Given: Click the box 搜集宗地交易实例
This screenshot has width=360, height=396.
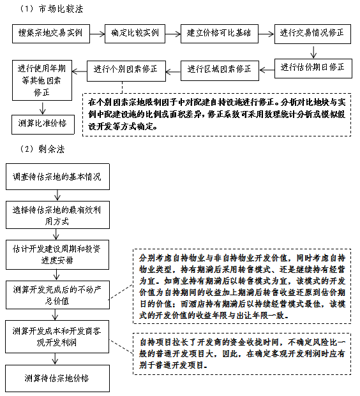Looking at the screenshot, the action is point(51,34).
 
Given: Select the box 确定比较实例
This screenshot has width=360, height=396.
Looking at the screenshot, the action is point(135,34).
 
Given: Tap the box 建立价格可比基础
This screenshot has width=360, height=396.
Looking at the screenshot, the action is point(220,34).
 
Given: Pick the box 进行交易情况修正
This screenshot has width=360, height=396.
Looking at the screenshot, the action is point(313,34).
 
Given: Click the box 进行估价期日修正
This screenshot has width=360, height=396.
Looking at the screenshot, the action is point(313,68).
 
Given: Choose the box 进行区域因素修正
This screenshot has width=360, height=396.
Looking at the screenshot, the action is point(220,70).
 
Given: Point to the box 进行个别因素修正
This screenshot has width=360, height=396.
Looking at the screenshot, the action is point(126,71).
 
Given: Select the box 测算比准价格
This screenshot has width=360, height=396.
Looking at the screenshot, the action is point(43,124).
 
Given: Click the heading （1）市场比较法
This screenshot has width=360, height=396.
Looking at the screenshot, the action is point(51,9).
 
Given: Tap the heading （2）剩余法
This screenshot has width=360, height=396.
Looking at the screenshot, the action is point(42,149).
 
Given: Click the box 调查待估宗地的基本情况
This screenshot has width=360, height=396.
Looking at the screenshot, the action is point(57,177).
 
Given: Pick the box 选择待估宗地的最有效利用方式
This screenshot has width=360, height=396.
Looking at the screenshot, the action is point(57,215).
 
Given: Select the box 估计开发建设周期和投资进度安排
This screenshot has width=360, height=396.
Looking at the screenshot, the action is point(57,254).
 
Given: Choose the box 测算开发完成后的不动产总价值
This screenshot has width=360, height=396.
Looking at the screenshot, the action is point(57,295).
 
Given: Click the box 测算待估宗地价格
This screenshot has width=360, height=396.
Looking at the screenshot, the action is point(57,378).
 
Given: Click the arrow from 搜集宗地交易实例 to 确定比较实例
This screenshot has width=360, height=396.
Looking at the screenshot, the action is point(97,34).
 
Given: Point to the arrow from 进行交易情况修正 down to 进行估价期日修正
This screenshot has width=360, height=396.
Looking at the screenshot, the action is point(313,51).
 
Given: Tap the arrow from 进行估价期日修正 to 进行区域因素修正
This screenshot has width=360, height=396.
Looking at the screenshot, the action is point(267,70).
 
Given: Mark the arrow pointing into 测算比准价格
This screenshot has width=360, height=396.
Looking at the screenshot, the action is point(43,108).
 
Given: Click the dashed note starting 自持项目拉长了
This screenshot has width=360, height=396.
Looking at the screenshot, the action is point(242,353).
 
